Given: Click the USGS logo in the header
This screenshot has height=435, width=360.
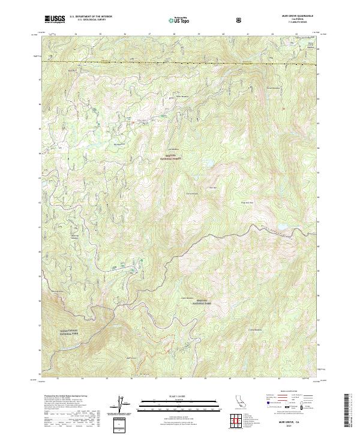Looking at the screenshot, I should click(55, 19).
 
